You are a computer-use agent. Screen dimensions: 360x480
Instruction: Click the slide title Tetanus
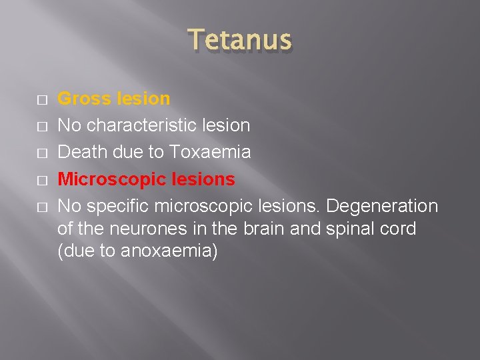coord(239,41)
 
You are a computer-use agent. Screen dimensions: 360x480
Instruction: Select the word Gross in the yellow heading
coord(84,99)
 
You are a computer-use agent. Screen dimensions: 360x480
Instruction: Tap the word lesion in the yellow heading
coord(142,99)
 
